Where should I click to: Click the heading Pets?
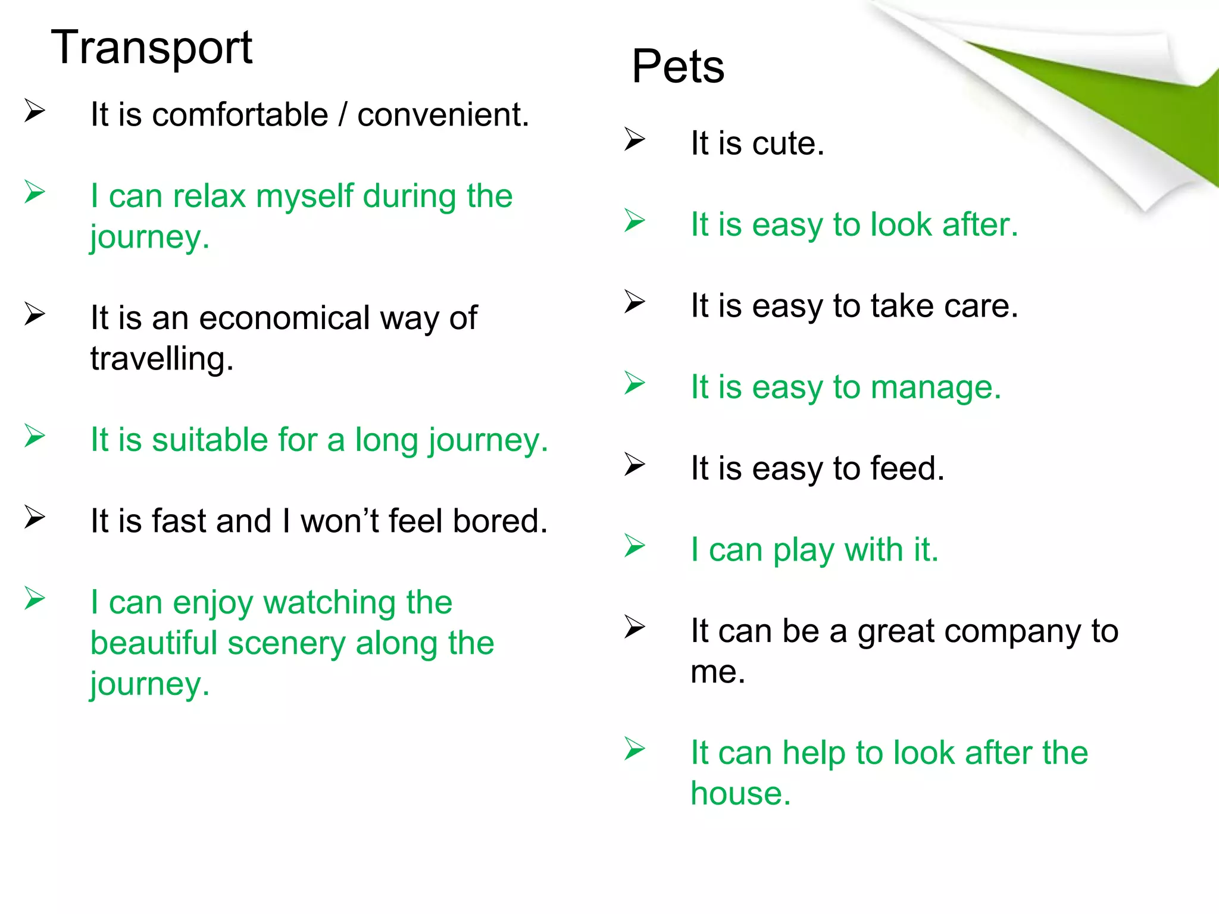tap(678, 67)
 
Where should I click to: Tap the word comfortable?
tap(240, 115)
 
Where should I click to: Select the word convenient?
tap(443, 115)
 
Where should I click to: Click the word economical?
tap(285, 318)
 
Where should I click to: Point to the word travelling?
tap(162, 359)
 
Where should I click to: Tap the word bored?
tap(499, 521)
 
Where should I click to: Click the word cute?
tap(788, 144)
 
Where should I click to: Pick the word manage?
tap(936, 388)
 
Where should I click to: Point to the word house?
tap(740, 794)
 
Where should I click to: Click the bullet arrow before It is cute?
tap(634, 140)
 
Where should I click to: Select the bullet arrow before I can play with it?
tap(634, 546)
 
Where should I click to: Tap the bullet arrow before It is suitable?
tap(35, 437)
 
